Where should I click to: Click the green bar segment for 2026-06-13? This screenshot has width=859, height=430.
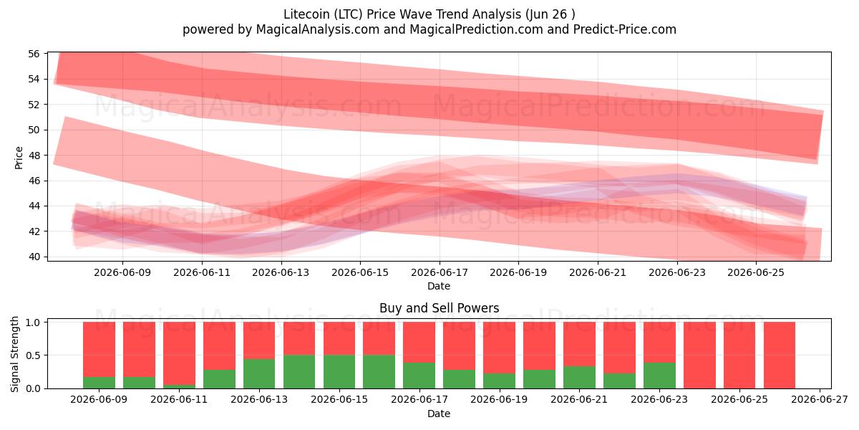pyautogui.click(x=259, y=373)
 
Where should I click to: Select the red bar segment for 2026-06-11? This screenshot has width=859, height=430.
pyautogui.click(x=179, y=353)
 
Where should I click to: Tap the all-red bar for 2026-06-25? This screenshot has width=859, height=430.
pyautogui.click(x=739, y=355)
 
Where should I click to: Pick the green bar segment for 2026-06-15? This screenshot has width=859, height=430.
pyautogui.click(x=339, y=372)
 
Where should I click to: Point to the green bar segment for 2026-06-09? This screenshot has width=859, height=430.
pyautogui.click(x=99, y=383)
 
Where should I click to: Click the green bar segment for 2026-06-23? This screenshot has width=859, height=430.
pyautogui.click(x=659, y=376)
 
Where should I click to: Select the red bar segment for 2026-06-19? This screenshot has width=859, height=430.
pyautogui.click(x=500, y=348)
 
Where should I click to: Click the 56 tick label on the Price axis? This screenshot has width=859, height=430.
pyautogui.click(x=34, y=54)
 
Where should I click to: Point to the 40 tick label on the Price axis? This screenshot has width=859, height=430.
pyautogui.click(x=34, y=257)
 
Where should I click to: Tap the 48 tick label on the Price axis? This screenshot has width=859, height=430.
pyautogui.click(x=34, y=155)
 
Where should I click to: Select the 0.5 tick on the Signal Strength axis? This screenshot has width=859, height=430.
pyautogui.click(x=33, y=355)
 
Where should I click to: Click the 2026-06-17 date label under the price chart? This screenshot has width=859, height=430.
pyautogui.click(x=440, y=272)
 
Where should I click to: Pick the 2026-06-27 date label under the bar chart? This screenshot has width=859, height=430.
pyautogui.click(x=820, y=400)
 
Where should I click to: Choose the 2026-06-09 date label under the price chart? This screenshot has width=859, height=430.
pyautogui.click(x=122, y=272)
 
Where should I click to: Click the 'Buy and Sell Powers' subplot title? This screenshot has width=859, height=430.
pyautogui.click(x=439, y=308)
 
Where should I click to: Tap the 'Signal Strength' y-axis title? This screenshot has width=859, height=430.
pyautogui.click(x=14, y=354)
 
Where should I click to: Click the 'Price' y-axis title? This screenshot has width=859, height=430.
pyautogui.click(x=19, y=158)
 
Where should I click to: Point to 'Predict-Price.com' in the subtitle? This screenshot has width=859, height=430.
pyautogui.click(x=625, y=29)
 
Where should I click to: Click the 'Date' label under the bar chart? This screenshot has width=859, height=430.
pyautogui.click(x=439, y=414)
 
